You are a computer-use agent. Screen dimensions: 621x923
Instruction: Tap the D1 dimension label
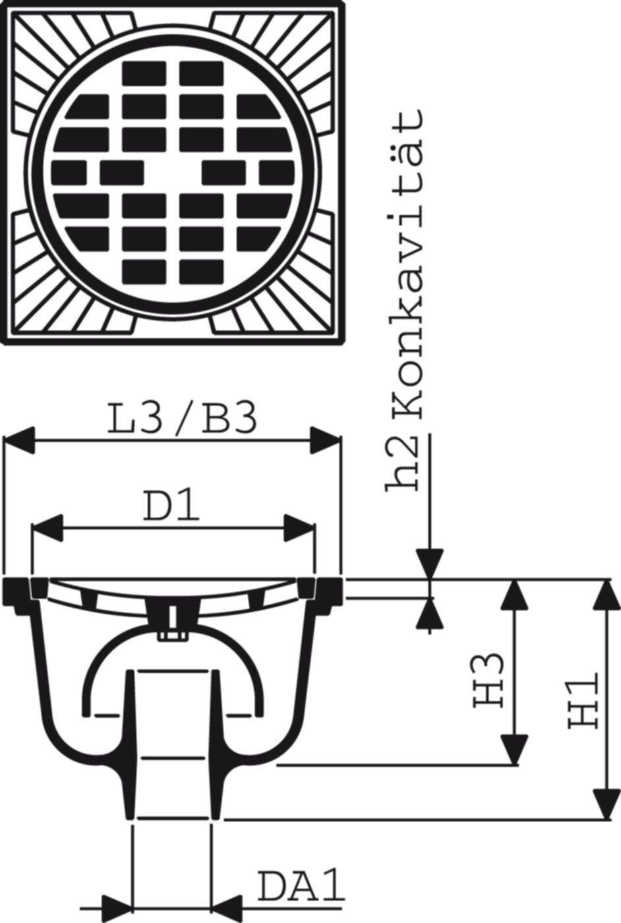(171, 505)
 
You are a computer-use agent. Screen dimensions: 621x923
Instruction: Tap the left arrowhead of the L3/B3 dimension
(19, 440)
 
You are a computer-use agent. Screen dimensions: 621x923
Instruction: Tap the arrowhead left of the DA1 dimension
(117, 907)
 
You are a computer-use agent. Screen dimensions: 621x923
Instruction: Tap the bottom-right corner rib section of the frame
(280, 280)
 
